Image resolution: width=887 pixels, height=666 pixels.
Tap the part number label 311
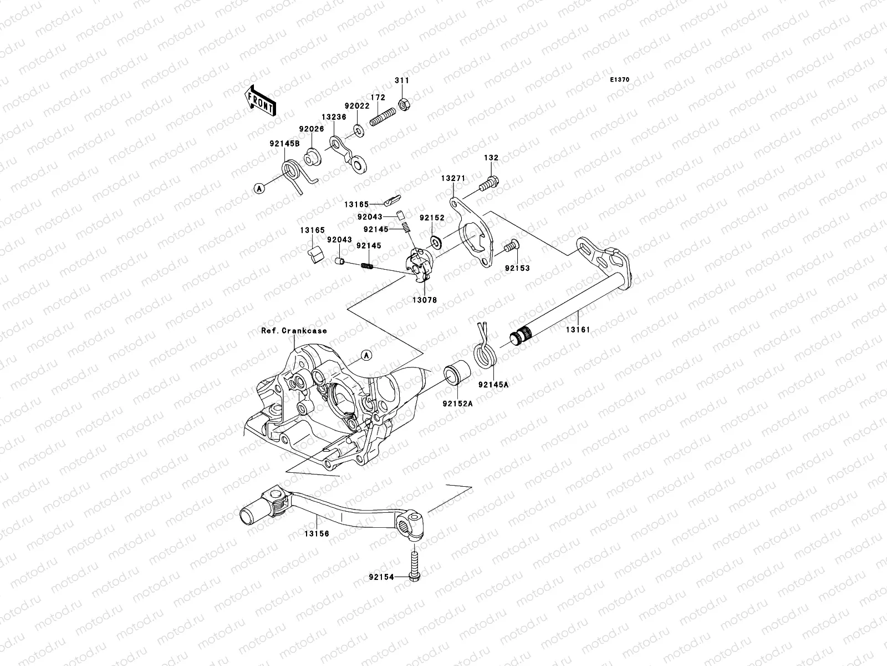[401, 80]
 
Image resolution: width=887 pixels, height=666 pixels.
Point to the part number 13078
[425, 300]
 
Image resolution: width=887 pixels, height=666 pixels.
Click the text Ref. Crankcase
[294, 331]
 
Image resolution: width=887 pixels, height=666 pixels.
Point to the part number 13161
[578, 330]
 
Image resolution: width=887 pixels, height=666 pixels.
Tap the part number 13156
[316, 533]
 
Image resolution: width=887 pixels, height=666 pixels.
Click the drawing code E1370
[619, 80]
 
